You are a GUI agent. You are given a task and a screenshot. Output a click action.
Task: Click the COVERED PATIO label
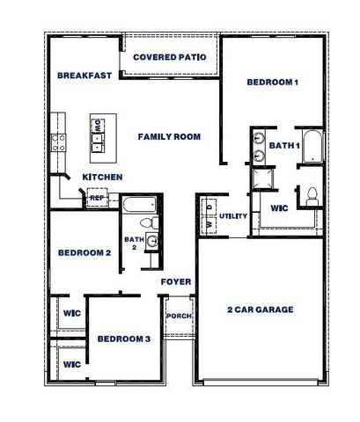point(170,58)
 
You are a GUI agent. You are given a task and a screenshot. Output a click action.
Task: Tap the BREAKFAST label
point(84,76)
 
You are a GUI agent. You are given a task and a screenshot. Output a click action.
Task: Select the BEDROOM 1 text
point(272,83)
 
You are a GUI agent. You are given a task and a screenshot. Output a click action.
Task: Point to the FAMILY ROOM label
point(169,137)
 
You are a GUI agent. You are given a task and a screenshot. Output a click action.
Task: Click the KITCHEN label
point(102,178)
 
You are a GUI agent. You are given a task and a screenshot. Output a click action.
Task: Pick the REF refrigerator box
point(96,199)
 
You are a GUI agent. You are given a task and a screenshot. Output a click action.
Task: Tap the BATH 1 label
point(285,145)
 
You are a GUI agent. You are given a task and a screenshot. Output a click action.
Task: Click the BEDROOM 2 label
point(84,253)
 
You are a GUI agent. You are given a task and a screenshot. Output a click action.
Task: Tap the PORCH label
point(179,316)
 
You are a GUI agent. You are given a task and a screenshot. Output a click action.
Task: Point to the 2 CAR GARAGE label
point(260,309)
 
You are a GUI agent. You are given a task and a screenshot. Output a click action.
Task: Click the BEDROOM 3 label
point(124,339)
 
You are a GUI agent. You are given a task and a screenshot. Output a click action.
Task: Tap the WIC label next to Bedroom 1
point(278,209)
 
